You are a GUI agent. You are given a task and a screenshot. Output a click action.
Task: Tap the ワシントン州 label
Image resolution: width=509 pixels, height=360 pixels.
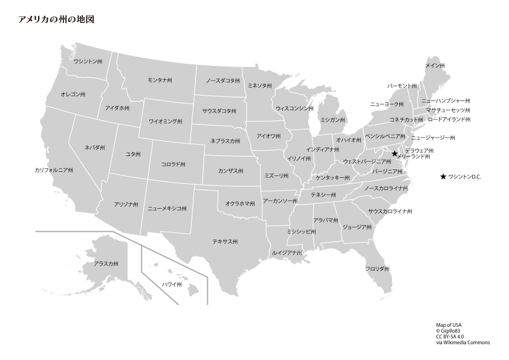click(88, 62)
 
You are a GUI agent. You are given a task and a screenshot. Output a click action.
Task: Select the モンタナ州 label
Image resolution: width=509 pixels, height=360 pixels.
click(160, 80)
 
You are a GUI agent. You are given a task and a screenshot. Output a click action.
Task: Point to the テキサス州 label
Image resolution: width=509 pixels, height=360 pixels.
click(225, 241)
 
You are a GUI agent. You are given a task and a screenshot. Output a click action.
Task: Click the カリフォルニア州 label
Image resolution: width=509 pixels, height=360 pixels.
click(54, 171)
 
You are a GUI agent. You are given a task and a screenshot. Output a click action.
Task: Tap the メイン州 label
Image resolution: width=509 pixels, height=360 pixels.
click(435, 65)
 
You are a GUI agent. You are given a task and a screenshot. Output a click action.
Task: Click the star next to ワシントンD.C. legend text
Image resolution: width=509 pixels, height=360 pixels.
click(443, 177)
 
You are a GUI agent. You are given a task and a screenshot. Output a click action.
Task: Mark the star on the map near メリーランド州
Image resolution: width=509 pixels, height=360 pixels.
click(395, 154)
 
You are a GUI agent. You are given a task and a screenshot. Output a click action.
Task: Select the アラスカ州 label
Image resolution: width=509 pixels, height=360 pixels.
click(106, 264)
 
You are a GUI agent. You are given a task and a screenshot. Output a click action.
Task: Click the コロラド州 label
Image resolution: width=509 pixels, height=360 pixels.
click(173, 164)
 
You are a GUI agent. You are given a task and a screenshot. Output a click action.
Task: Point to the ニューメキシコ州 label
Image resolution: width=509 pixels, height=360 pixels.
click(167, 208)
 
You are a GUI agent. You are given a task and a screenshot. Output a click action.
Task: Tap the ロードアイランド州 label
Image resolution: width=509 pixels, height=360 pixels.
click(449, 120)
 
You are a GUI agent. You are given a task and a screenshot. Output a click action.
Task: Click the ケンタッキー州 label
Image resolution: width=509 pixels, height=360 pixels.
click(332, 178)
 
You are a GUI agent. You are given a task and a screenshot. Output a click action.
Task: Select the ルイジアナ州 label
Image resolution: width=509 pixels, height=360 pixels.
click(287, 252)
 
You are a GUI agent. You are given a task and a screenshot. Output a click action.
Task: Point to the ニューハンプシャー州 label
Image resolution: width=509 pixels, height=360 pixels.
click(446, 101)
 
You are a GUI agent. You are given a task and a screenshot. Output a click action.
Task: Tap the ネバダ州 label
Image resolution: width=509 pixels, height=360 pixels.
click(95, 148)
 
